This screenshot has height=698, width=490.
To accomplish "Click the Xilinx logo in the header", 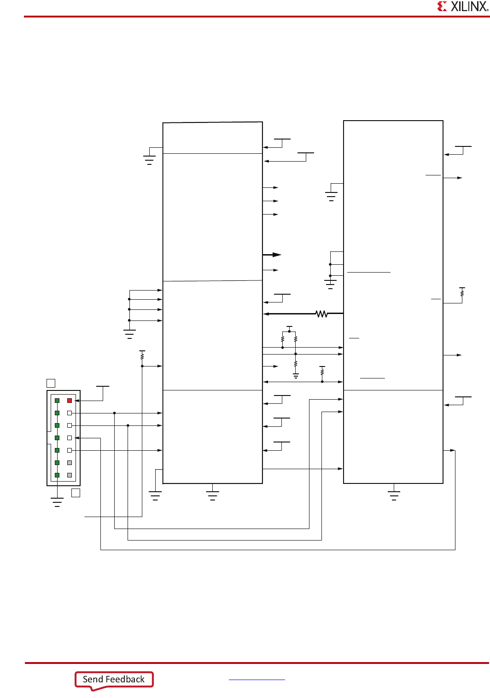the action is tap(462, 6).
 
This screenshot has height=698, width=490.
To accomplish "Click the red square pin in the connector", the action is tap(70, 401).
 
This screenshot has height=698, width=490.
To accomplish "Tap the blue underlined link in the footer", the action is tap(257, 679).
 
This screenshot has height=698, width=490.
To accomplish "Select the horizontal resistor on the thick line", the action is tap(321, 314).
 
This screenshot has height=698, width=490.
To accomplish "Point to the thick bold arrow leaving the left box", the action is tap(272, 255).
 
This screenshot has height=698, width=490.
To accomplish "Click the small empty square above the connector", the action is tap(51, 383).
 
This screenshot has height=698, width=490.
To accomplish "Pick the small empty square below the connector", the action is tap(76, 493).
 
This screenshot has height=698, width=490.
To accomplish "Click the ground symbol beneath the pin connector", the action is tap(57, 502).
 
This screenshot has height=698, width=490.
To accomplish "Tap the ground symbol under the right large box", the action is tap(394, 495).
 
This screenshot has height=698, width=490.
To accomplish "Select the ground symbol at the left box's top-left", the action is tap(149, 160).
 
